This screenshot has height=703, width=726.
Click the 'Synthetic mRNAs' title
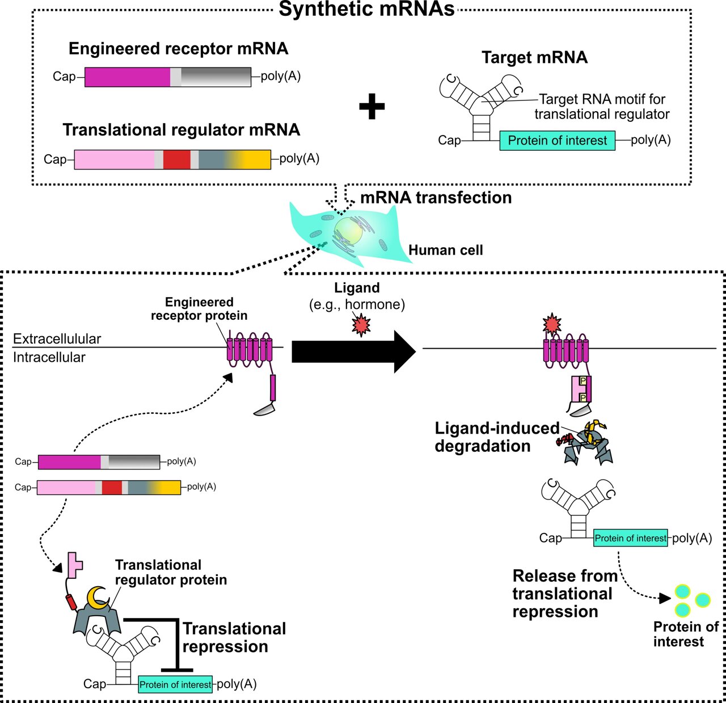(366, 10)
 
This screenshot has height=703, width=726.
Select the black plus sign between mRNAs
(372, 107)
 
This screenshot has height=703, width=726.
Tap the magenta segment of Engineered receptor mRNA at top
(127, 77)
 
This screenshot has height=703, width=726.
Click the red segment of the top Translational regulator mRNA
(176, 159)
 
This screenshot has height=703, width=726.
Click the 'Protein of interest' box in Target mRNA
(557, 141)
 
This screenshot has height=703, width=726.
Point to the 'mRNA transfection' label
(436, 198)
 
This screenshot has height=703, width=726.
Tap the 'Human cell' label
(445, 250)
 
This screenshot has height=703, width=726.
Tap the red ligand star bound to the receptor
(551, 325)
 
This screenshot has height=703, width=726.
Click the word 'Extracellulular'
(57, 339)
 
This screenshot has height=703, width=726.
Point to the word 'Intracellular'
(49, 358)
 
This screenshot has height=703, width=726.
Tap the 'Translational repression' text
(234, 638)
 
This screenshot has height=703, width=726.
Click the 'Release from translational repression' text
(564, 594)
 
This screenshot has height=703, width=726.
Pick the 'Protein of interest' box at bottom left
(175, 685)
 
